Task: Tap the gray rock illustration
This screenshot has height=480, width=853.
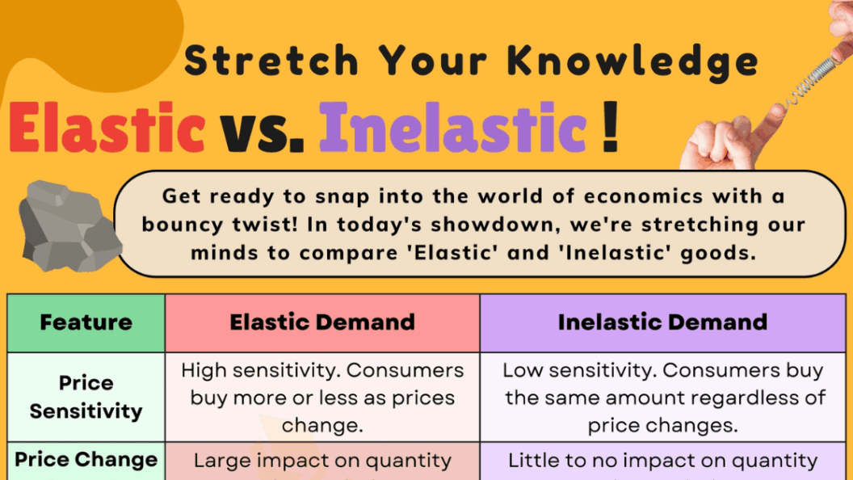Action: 69,222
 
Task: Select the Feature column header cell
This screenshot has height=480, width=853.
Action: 86,322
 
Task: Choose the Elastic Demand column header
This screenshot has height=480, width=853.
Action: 321,322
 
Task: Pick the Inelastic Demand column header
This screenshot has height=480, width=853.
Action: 662,322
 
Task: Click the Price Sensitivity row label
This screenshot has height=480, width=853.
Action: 86,397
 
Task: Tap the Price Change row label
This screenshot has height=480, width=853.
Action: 86,460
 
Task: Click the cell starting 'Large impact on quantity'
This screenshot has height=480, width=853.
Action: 321,461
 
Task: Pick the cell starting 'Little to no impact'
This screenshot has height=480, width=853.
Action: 662,461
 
